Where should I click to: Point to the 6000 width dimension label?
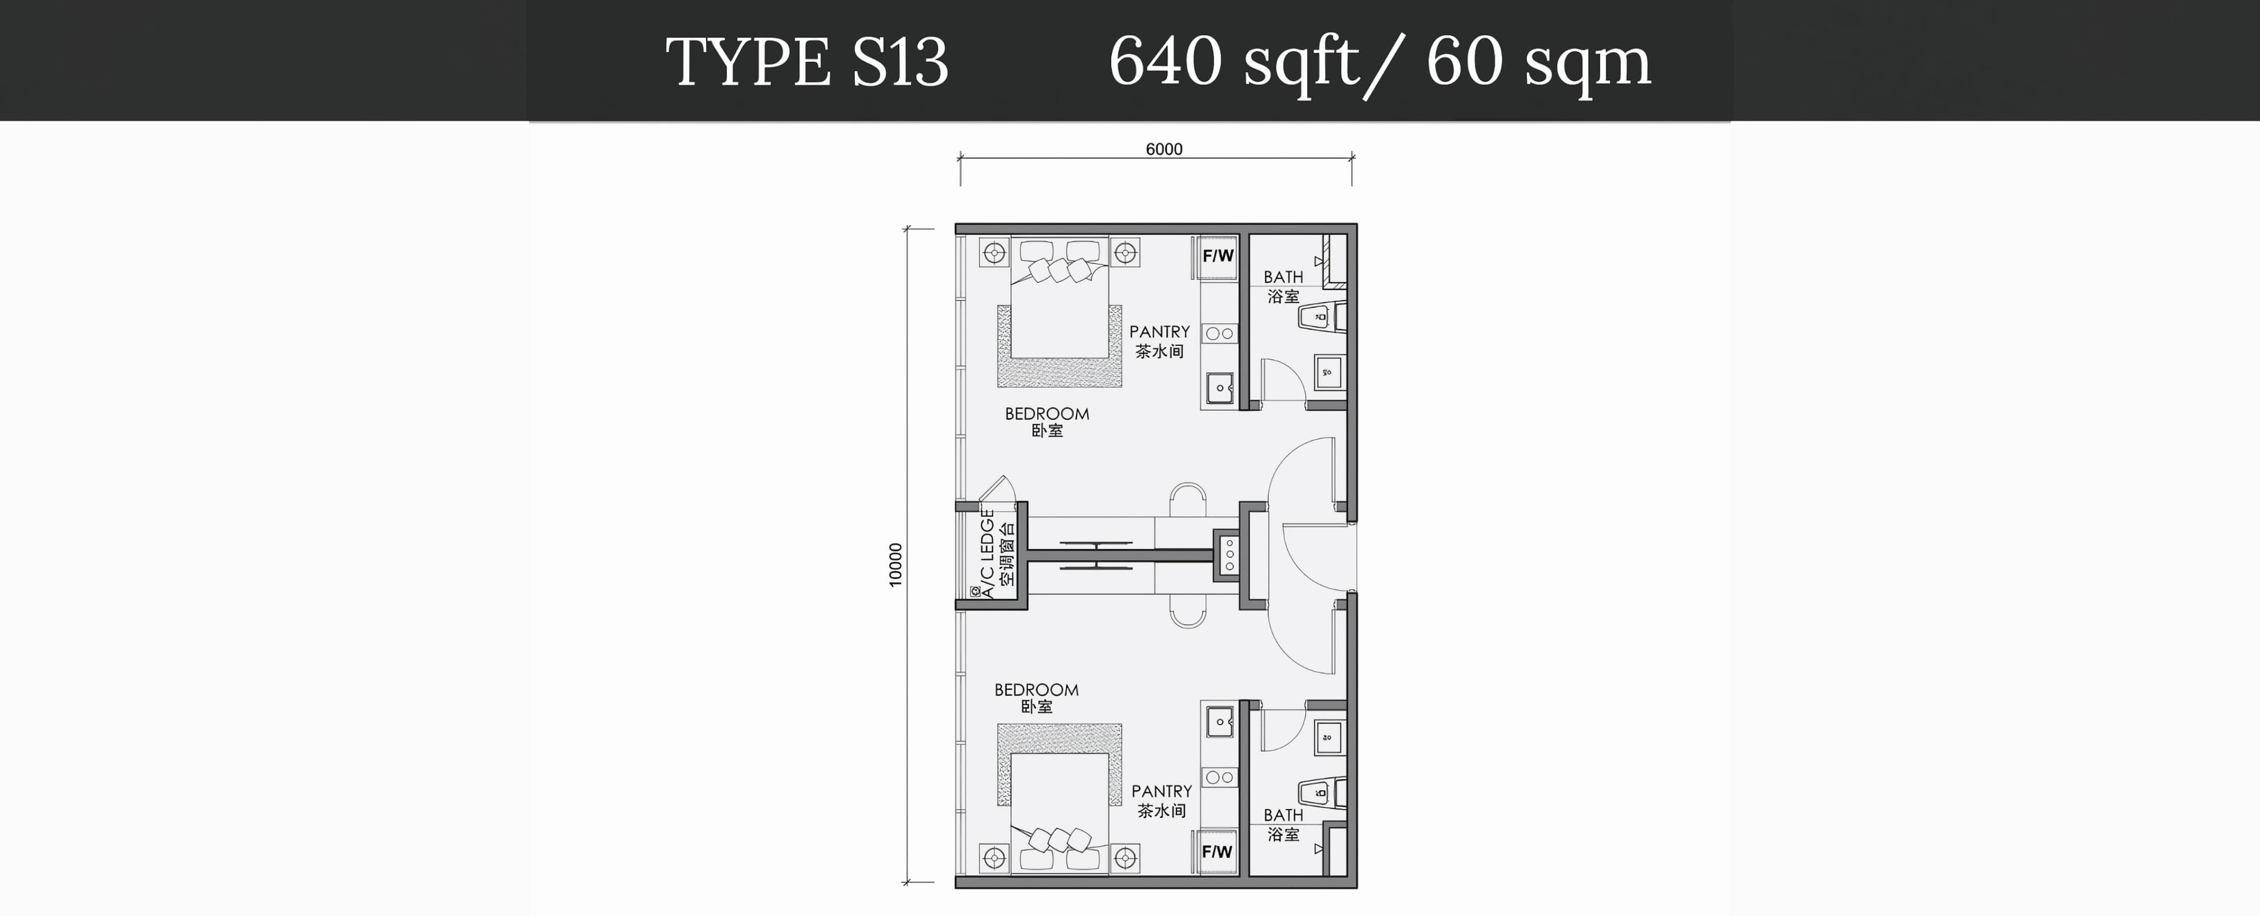[1164, 149]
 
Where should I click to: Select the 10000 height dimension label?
[895, 565]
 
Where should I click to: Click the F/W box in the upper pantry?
[1218, 256]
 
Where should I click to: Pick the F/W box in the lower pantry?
[1218, 851]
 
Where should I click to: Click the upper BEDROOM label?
[1046, 414]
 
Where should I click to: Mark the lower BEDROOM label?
[1036, 689]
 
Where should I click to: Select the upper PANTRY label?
[1159, 331]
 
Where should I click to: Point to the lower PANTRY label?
[1162, 791]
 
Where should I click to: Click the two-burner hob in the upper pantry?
[1219, 333]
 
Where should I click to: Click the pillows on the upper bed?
[1059, 268]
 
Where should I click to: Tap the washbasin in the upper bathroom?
[1327, 372]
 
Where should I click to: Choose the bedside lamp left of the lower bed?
[995, 857]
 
